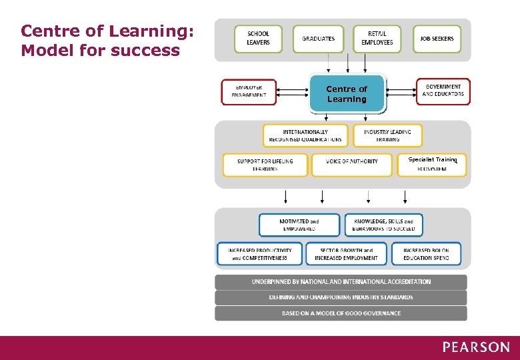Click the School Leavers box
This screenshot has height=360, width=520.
[x=258, y=39]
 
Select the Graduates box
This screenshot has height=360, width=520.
[x=319, y=39]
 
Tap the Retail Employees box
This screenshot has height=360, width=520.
[x=377, y=39]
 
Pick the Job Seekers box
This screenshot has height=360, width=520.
[x=437, y=39]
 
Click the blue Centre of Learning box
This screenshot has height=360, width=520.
[x=347, y=94]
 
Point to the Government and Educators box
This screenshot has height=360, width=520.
[x=443, y=91]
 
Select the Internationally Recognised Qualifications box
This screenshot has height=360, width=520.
[x=305, y=135]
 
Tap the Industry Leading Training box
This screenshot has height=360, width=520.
[x=387, y=135]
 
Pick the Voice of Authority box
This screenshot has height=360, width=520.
[x=351, y=165]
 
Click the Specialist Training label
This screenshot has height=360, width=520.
[x=433, y=160]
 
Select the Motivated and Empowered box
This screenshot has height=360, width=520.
[x=299, y=225]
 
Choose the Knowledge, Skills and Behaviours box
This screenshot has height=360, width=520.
[x=383, y=225]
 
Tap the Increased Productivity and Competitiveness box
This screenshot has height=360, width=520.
[x=259, y=253]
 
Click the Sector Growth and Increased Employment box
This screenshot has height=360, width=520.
[x=346, y=253]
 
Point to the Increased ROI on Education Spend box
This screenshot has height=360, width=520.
[x=426, y=253]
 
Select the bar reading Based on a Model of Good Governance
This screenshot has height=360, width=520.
[x=341, y=313]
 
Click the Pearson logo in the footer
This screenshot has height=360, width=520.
[x=476, y=347]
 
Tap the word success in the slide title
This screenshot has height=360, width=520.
[x=147, y=51]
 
